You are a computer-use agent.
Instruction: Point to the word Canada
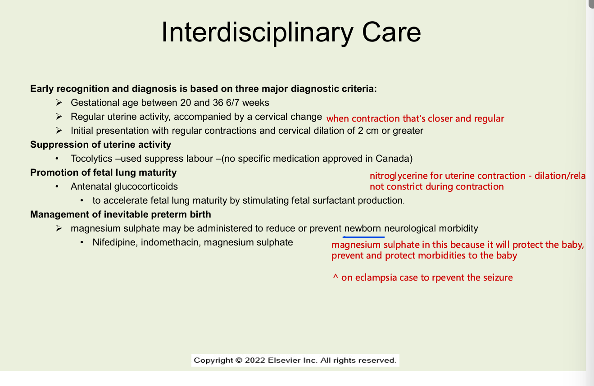395,159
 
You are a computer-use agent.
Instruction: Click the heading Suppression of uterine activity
100,145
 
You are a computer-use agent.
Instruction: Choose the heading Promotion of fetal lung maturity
103,173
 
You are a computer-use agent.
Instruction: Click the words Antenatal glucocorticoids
124,186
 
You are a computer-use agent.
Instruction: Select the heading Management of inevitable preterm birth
120,214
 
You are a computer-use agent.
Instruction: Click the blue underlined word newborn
363,228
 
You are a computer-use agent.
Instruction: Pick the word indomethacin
171,242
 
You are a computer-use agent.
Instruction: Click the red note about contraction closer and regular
415,118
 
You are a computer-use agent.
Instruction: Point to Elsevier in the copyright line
284,360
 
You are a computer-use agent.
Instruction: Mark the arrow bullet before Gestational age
59,103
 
